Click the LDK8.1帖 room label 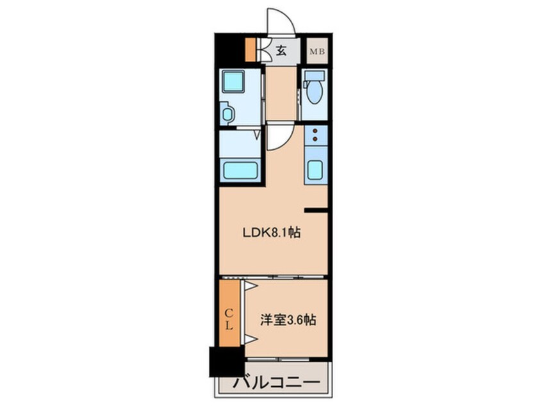[271, 233]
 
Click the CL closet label [229, 319]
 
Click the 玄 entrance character [281, 50]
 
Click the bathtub [240, 171]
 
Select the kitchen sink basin [315, 170]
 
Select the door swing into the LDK [277, 138]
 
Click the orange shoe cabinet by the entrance [250, 50]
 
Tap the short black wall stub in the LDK [315, 210]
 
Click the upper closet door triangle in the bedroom [250, 286]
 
